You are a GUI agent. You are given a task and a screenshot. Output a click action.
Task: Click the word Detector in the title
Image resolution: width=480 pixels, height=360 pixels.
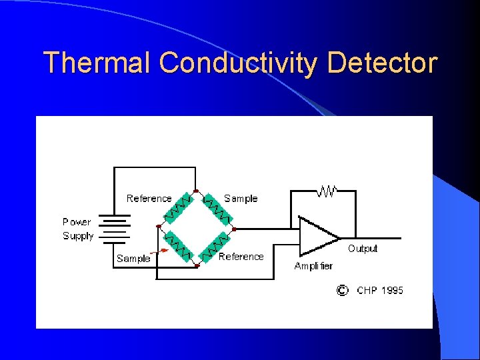click(382, 63)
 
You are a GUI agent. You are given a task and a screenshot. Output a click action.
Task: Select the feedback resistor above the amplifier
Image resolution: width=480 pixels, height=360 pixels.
click(327, 191)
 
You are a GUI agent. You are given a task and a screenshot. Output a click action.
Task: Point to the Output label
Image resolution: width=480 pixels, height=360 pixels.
click(362, 249)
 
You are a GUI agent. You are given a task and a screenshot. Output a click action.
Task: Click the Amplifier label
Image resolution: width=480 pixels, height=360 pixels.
click(313, 265)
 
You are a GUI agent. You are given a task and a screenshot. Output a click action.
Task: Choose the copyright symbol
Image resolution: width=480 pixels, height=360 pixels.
click(341, 290)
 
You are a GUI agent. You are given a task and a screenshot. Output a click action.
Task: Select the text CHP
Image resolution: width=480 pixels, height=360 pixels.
click(367, 290)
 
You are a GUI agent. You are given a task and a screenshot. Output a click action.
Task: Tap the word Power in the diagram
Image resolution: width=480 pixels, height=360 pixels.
click(77, 221)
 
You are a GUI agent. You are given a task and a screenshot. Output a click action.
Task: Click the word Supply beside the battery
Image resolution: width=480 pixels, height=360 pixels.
click(78, 236)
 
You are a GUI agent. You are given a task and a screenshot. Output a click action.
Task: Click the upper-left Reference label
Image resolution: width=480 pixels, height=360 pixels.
click(149, 199)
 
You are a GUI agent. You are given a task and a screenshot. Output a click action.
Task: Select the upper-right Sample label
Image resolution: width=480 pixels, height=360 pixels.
click(241, 199)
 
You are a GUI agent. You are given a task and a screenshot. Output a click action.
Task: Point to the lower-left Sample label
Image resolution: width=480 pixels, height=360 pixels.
click(133, 259)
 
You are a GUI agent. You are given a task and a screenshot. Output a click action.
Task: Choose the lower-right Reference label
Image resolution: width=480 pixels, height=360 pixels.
click(241, 257)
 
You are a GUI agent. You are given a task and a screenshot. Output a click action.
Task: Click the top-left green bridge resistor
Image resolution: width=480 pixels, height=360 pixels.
click(178, 208)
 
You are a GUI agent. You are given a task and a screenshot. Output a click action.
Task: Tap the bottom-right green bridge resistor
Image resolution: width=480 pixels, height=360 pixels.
click(215, 246)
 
